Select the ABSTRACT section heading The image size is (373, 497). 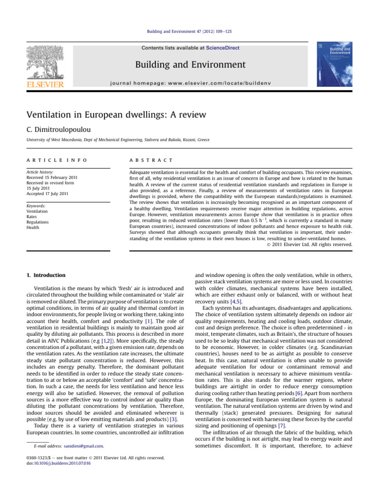(144, 160)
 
